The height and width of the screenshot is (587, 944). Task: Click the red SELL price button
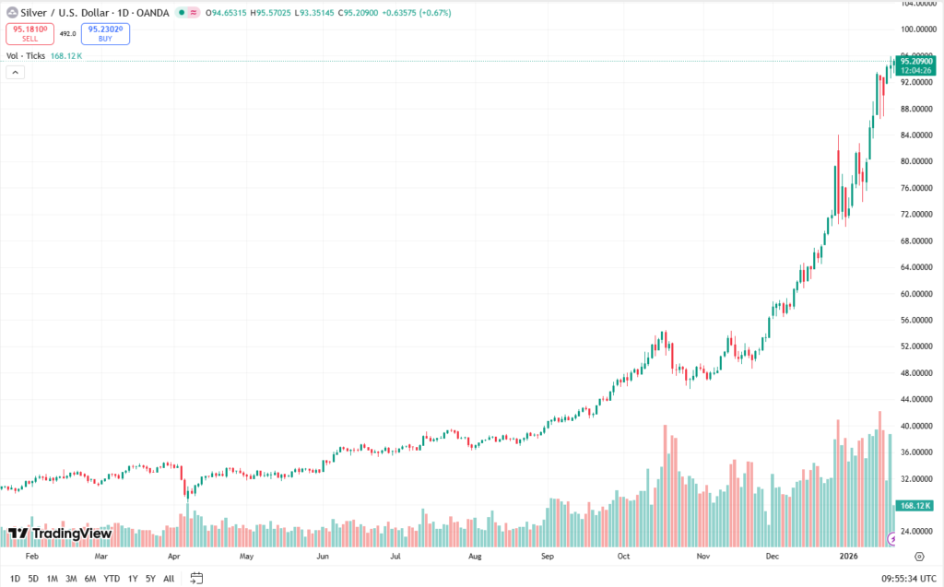pyautogui.click(x=29, y=34)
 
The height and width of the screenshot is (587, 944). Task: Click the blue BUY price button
pyautogui.click(x=105, y=34)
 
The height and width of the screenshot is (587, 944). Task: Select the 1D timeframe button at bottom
pyautogui.click(x=14, y=579)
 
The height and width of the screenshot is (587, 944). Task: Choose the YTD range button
pyautogui.click(x=112, y=579)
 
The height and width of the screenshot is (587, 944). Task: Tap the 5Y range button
pyautogui.click(x=150, y=579)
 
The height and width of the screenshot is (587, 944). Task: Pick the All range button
pyautogui.click(x=169, y=579)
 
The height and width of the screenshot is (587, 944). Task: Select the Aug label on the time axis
pyautogui.click(x=475, y=558)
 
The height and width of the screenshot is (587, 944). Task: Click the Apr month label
pyautogui.click(x=174, y=558)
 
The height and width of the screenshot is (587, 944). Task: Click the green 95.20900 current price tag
pyautogui.click(x=915, y=61)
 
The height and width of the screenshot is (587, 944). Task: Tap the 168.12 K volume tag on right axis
pyautogui.click(x=916, y=505)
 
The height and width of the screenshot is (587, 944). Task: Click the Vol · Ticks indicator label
pyautogui.click(x=26, y=56)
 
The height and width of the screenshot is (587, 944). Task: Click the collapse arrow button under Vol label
pyautogui.click(x=15, y=73)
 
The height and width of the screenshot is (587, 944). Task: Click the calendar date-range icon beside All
pyautogui.click(x=196, y=579)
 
